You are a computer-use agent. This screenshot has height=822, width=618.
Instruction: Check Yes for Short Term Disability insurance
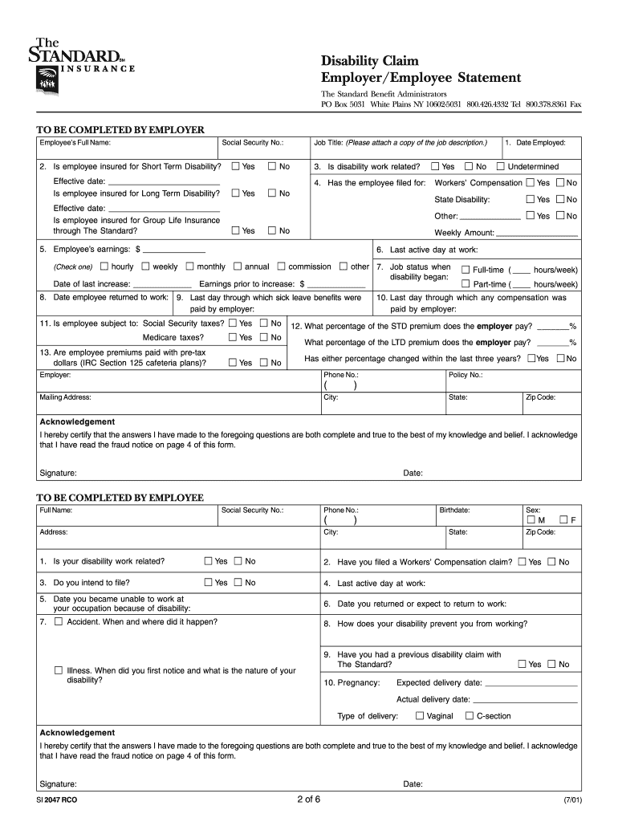235,166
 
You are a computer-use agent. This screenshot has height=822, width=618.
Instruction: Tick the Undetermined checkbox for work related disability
500,166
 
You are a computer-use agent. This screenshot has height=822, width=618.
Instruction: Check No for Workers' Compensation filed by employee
560,183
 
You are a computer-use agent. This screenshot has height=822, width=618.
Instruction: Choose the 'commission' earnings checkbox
281,267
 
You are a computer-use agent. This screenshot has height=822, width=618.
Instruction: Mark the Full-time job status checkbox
466,270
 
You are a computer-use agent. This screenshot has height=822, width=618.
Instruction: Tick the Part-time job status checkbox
466,283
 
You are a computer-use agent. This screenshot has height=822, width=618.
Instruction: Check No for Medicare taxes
263,337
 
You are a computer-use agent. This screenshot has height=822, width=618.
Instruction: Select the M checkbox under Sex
531,520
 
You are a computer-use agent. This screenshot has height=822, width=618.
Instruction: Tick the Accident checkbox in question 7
58,621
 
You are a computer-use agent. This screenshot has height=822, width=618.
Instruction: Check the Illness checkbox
58,670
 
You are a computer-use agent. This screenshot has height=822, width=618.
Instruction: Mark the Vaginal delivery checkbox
419,715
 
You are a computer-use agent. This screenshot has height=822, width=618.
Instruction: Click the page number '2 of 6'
308,799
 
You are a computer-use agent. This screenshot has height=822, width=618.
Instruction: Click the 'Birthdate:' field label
454,510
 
